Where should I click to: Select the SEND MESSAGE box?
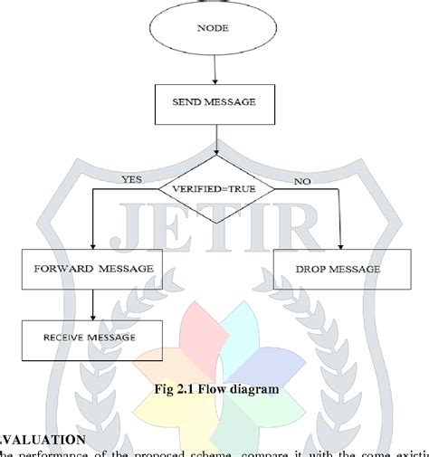[214, 102]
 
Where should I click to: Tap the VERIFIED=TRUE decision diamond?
[214, 189]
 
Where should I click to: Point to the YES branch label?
[132, 179]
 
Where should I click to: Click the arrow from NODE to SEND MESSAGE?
[214, 69]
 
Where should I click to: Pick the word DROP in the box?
[316, 269]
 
